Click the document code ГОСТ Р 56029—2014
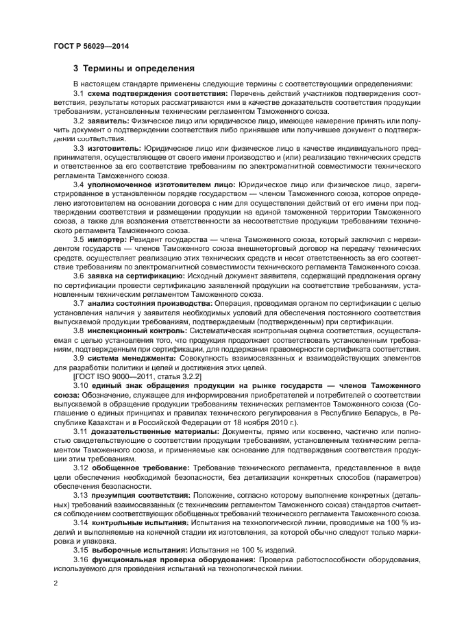pos(90,46)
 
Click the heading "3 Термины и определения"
pos(134,69)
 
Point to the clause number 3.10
pos(82,386)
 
